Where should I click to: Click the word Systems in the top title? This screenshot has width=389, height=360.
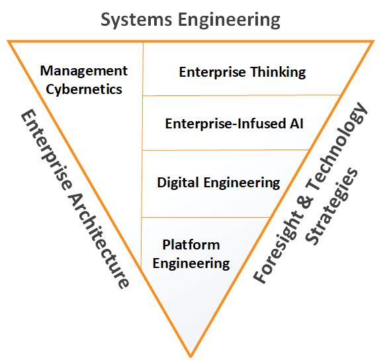pos(136,20)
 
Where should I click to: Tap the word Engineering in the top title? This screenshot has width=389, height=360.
pos(229,21)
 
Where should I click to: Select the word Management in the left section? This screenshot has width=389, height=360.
pos(84,71)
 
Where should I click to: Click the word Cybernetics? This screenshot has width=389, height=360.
pos(84,89)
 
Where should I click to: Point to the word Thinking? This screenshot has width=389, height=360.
pos(278,72)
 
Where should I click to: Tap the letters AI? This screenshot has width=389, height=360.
pos(296,124)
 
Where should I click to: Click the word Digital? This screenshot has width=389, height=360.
pos(178,183)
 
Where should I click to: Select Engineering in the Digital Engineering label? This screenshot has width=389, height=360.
pos(242,183)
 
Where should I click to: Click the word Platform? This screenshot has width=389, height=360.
pos(191,245)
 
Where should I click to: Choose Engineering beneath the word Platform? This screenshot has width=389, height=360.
pos(191,263)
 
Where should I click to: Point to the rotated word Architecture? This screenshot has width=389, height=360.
pos(99,240)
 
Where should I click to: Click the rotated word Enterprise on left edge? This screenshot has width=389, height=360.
pos(46,150)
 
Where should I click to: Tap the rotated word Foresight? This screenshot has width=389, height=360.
pos(278,249)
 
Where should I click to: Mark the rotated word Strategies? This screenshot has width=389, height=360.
pos(331,206)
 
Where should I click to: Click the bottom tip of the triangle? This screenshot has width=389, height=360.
pos(191,357)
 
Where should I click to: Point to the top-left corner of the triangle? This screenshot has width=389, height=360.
pos(7,40)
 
